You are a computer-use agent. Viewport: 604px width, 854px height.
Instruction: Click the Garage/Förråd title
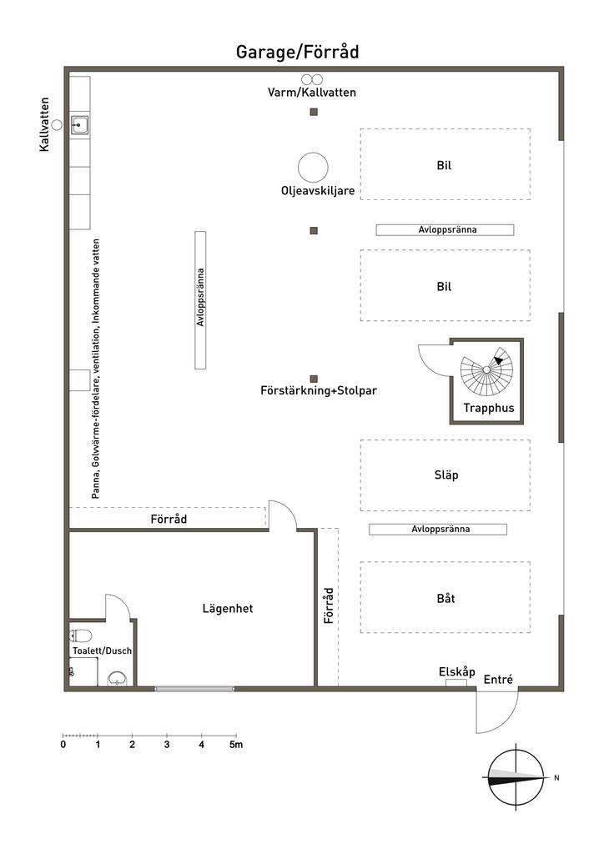pyautogui.click(x=297, y=53)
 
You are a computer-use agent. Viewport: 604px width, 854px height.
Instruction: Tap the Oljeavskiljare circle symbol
pyautogui.click(x=314, y=167)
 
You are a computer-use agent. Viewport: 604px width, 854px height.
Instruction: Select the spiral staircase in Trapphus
pyautogui.click(x=486, y=369)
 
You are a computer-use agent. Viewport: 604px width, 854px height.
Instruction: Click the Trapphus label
pyautogui.click(x=489, y=409)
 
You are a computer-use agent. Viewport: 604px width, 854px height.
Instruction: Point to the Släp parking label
pyautogui.click(x=447, y=475)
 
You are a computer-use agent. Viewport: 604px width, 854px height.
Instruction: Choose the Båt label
pyautogui.click(x=445, y=598)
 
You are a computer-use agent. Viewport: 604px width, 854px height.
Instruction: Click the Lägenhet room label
pyautogui.click(x=227, y=609)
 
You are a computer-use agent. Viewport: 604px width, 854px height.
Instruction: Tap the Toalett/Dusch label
pyautogui.click(x=102, y=651)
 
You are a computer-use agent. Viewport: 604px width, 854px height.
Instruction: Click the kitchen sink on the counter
pyautogui.click(x=80, y=126)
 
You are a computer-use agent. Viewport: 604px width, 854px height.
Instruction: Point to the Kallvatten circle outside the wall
pyautogui.click(x=57, y=124)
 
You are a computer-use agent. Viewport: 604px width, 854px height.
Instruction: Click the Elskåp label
pyautogui.click(x=456, y=671)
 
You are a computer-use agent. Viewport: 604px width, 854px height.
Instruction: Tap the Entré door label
pyautogui.click(x=498, y=679)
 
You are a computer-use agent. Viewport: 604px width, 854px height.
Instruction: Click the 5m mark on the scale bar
pyautogui.click(x=237, y=744)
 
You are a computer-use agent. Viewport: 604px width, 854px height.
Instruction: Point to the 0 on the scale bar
pyautogui.click(x=63, y=744)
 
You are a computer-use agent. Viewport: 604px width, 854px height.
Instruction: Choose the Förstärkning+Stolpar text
pyautogui.click(x=319, y=389)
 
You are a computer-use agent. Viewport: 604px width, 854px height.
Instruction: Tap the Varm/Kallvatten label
pyautogui.click(x=312, y=93)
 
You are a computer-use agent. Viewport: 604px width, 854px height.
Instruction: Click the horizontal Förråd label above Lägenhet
pyautogui.click(x=169, y=519)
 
